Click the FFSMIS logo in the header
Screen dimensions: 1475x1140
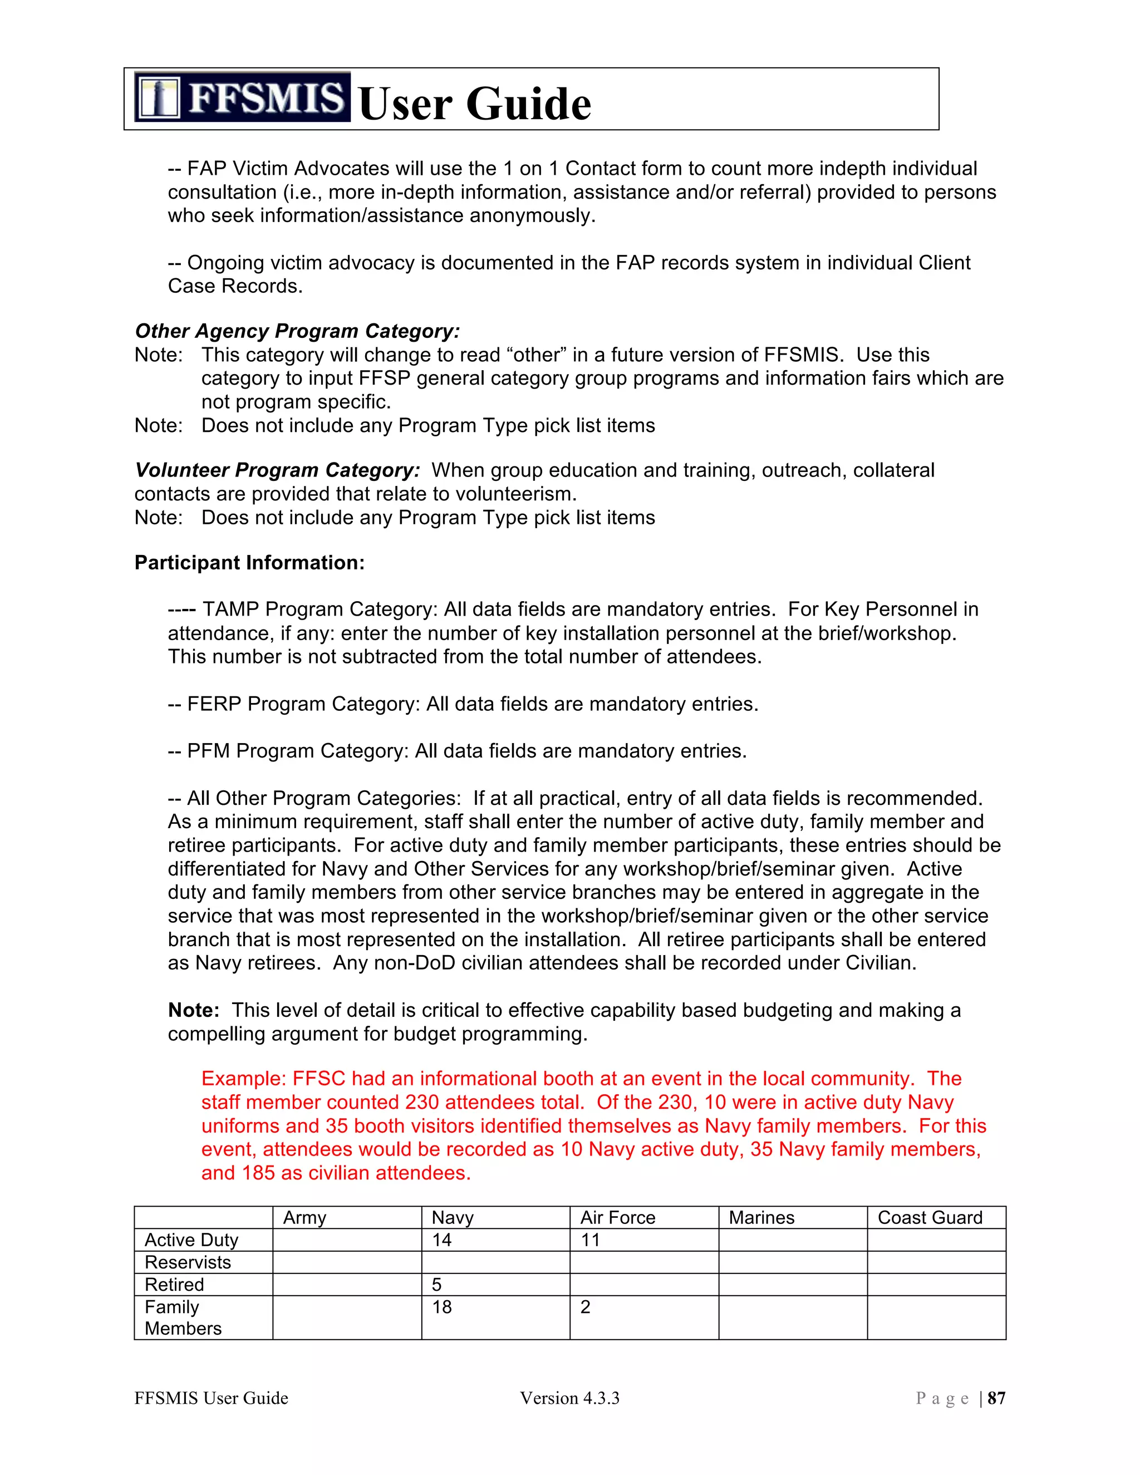(242, 97)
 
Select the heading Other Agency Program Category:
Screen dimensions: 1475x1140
(297, 331)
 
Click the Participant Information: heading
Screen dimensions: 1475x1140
(249, 563)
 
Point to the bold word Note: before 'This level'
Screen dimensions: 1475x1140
(193, 1010)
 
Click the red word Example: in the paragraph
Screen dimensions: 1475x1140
(244, 1079)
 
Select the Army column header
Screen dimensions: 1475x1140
(304, 1218)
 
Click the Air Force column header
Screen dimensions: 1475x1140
(617, 1218)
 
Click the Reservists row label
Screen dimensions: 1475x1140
(188, 1262)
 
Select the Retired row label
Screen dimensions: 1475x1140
(174, 1285)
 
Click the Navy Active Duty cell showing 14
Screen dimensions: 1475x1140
(443, 1240)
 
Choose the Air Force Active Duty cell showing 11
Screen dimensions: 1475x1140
(590, 1240)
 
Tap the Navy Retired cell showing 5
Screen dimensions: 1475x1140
(437, 1285)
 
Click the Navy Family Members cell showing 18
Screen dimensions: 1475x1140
(443, 1307)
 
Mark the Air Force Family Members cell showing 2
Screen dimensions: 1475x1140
(586, 1307)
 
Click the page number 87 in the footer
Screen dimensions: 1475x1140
(996, 1398)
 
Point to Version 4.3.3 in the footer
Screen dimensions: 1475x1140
(569, 1398)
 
